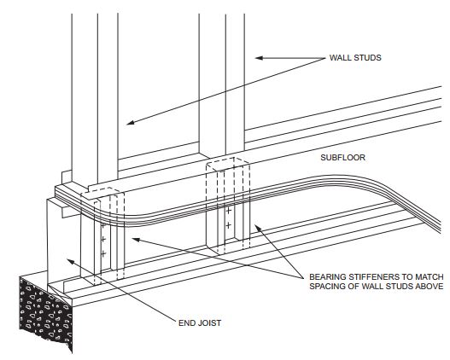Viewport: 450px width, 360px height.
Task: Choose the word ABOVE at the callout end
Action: click(426, 287)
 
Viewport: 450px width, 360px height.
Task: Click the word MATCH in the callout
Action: click(424, 276)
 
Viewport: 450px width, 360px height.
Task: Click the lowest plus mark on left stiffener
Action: click(102, 254)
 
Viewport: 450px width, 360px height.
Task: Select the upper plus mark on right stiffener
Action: click(228, 210)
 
